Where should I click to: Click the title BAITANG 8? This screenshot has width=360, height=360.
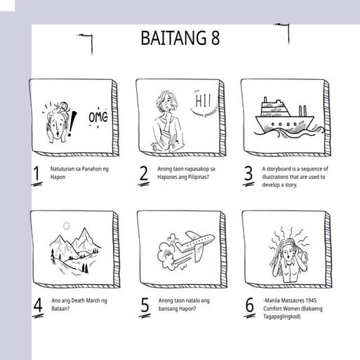pyautogui.click(x=180, y=38)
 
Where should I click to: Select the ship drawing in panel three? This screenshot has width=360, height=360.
pyautogui.click(x=284, y=119)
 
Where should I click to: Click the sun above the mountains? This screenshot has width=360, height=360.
pyautogui.click(x=66, y=226)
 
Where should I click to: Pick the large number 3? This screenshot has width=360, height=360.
pyautogui.click(x=248, y=174)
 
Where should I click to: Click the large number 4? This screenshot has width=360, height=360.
pyautogui.click(x=37, y=305)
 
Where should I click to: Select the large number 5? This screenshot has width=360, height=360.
pyautogui.click(x=145, y=305)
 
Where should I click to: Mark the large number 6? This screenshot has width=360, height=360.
pyautogui.click(x=249, y=305)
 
